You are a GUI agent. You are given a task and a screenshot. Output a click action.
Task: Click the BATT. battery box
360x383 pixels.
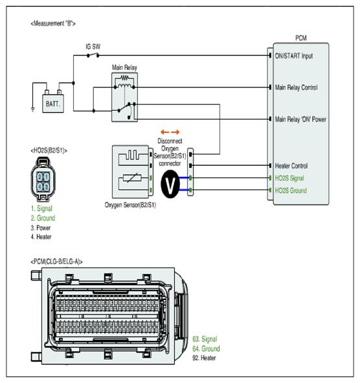[x=53, y=104]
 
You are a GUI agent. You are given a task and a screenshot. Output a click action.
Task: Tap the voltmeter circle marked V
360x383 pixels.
[x=170, y=184]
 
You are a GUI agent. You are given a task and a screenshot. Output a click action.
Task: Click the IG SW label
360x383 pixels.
[x=93, y=47]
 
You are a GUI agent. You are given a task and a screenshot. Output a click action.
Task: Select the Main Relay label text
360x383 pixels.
[x=124, y=67]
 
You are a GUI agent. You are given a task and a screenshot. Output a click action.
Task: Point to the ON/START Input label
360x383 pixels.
[x=294, y=56]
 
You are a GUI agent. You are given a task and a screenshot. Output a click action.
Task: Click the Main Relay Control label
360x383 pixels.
[x=297, y=87]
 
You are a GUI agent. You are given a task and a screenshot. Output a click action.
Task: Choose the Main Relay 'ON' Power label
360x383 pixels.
[x=300, y=119]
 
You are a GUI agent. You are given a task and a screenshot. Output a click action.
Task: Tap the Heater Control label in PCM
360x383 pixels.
[x=291, y=166]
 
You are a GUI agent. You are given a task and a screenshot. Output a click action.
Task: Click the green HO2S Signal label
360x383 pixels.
[x=289, y=178]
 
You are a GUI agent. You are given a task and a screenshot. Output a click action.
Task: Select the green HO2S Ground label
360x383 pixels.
[x=291, y=191]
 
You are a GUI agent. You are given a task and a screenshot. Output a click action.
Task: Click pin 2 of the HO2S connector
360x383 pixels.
[x=39, y=177]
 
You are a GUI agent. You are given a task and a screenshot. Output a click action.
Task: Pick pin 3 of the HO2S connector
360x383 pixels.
[x=46, y=187]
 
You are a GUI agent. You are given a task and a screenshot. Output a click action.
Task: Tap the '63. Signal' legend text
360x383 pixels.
[x=205, y=339]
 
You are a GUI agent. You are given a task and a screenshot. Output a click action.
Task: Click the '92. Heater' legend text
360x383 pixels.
[x=205, y=358]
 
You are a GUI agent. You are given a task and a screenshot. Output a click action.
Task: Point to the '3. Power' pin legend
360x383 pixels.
[x=41, y=227]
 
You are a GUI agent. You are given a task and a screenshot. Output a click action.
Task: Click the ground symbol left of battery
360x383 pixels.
[x=33, y=110]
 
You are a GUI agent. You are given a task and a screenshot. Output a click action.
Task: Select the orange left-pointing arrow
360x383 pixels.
[x=164, y=132]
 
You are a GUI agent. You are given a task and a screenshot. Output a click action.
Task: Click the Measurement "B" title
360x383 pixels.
[x=53, y=23]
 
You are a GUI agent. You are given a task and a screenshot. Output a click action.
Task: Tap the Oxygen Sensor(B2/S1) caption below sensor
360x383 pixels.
[x=130, y=205]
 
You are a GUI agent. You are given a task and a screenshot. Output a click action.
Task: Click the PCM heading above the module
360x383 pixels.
[x=301, y=38]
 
